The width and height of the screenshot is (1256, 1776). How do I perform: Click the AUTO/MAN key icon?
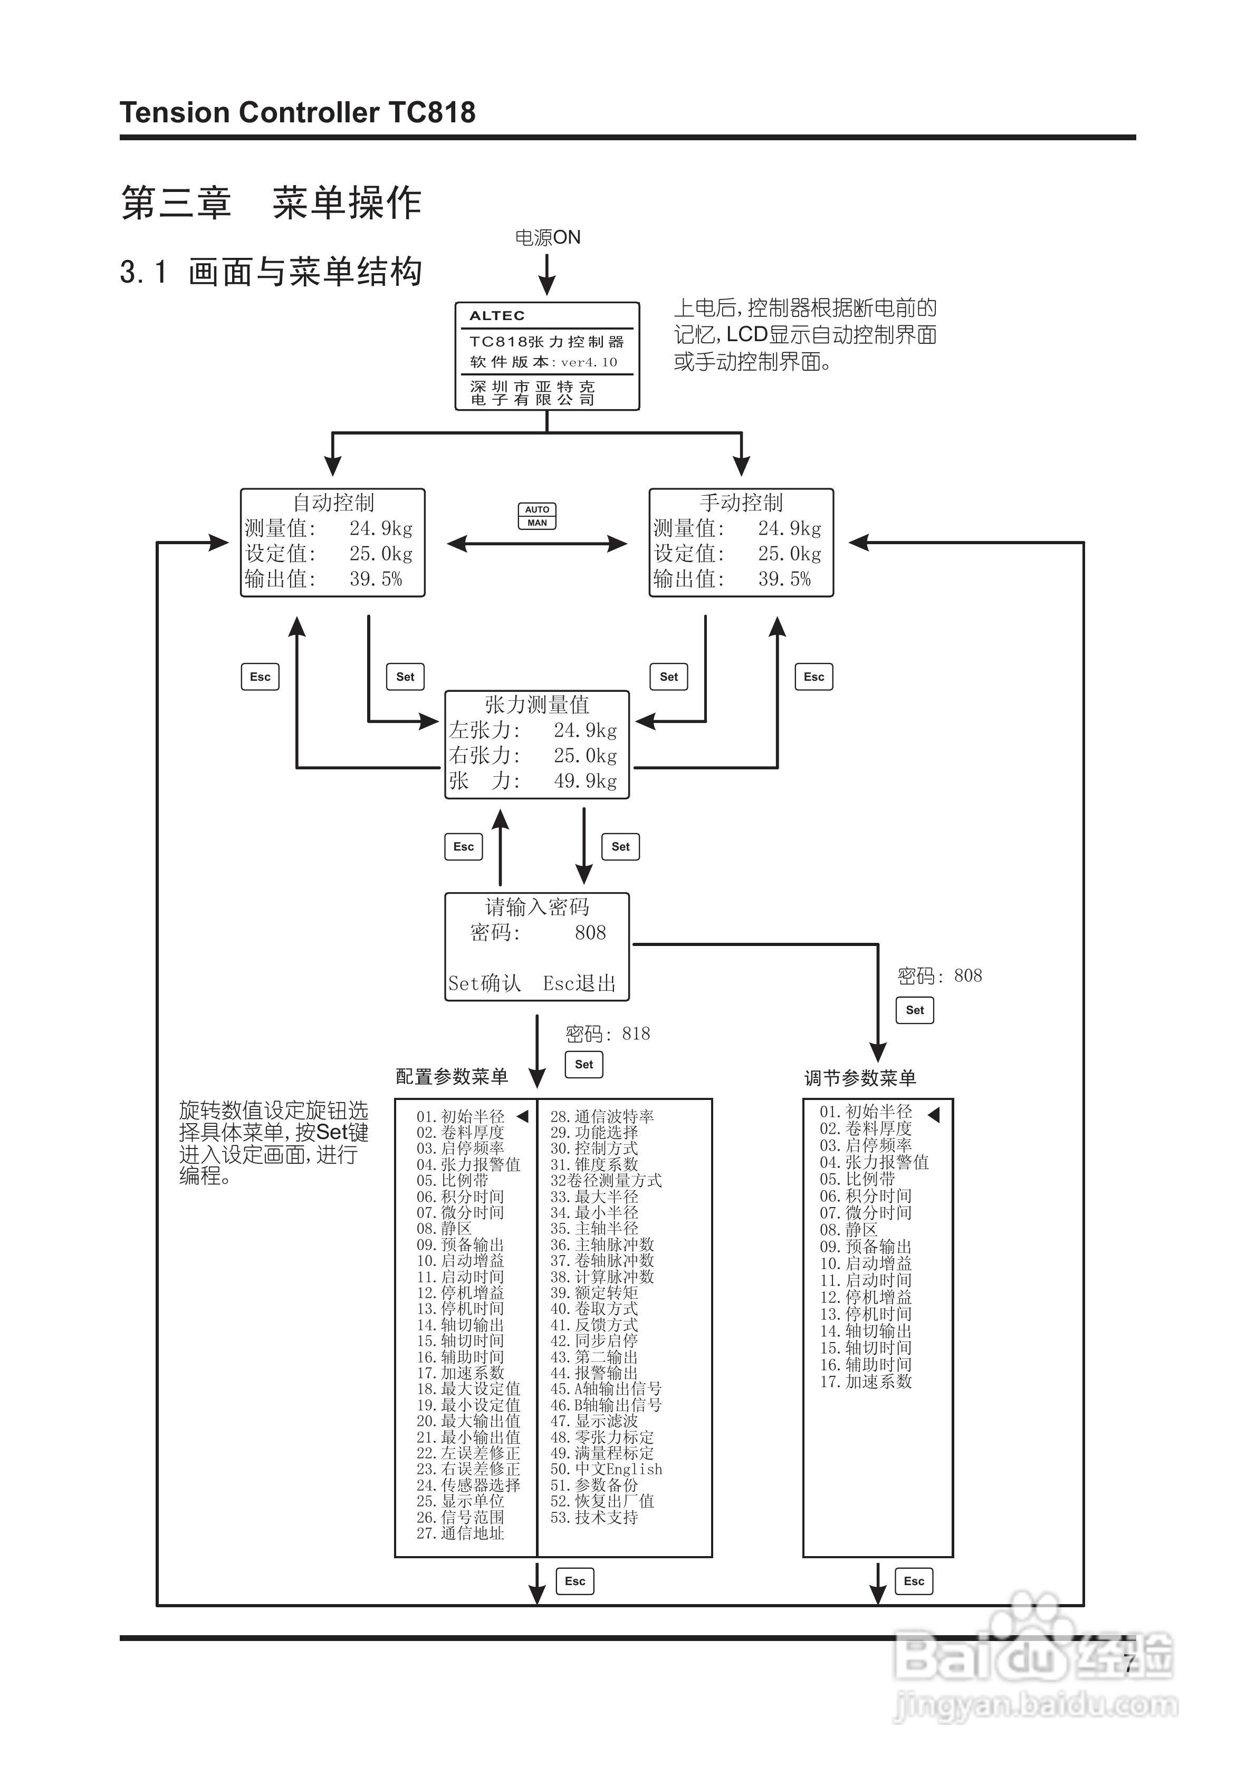tap(536, 516)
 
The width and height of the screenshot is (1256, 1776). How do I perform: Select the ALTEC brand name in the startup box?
tap(497, 315)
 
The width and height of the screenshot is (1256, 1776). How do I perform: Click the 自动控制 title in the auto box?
tap(333, 503)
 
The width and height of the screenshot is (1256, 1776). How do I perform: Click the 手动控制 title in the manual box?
tap(741, 503)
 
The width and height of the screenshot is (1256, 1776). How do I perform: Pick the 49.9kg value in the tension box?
tap(585, 781)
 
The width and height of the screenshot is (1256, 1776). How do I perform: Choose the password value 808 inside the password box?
tap(590, 933)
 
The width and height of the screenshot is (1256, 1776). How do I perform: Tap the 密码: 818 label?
tap(608, 1034)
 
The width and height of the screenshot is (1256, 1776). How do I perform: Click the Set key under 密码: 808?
tap(914, 1010)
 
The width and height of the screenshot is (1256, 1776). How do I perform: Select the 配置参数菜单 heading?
tap(452, 1077)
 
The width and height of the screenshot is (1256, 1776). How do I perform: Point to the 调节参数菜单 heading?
tap(860, 1078)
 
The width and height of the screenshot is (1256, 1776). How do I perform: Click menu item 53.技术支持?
tap(595, 1518)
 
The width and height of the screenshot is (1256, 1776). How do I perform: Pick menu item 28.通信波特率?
tap(602, 1117)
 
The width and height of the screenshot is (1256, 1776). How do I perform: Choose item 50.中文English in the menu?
tap(606, 1469)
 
